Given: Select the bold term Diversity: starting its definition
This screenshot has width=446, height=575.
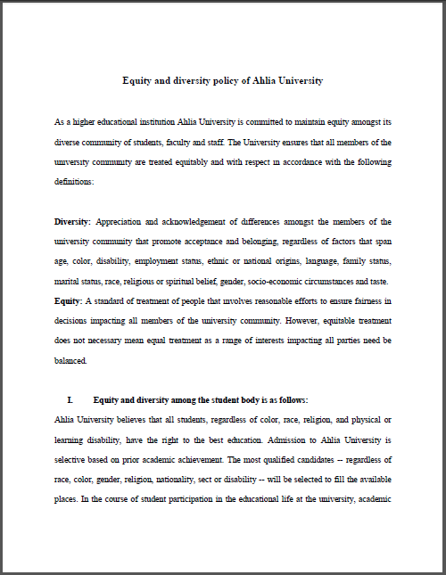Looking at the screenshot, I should (x=72, y=221).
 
